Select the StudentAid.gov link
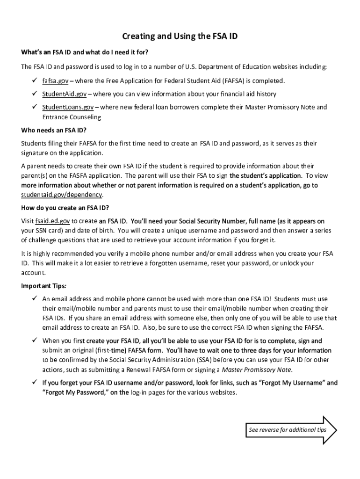(65, 94)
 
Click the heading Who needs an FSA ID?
(54, 130)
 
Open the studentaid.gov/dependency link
(62, 195)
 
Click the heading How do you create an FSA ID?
(65, 208)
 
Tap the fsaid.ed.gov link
(52, 221)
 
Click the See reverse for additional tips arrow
(290, 430)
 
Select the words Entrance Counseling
(72, 117)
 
